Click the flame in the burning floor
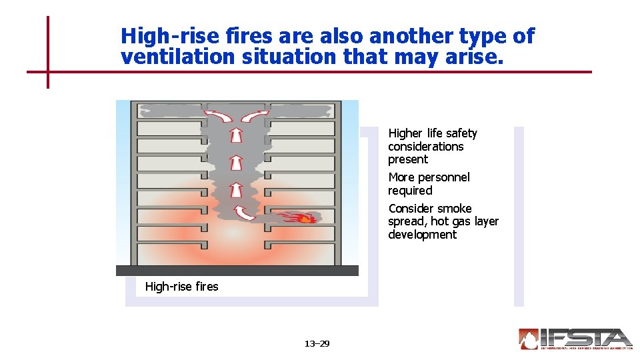point(303,217)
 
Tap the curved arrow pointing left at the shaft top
point(218,118)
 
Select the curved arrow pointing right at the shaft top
point(254,117)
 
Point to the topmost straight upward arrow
point(236,136)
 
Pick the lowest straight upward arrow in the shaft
point(235,190)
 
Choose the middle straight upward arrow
point(235,163)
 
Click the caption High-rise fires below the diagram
point(181,287)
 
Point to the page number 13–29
point(317,344)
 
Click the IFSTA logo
point(575,339)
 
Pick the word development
point(422,235)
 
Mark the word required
point(410,191)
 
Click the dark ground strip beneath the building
point(237,271)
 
